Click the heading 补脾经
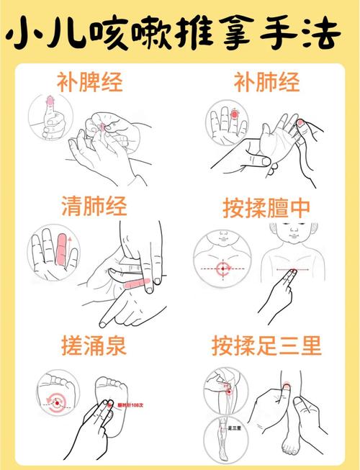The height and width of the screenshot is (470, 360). (90, 82)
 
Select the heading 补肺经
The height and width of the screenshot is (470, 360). (266, 82)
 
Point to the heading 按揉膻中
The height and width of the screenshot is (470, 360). (266, 209)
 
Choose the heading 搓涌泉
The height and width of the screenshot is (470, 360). (94, 346)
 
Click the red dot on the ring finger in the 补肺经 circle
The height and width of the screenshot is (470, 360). (233, 114)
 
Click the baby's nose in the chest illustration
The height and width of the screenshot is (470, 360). (294, 238)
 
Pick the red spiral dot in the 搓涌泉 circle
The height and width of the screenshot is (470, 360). (56, 403)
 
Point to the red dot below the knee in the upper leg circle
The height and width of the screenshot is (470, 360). (228, 389)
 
